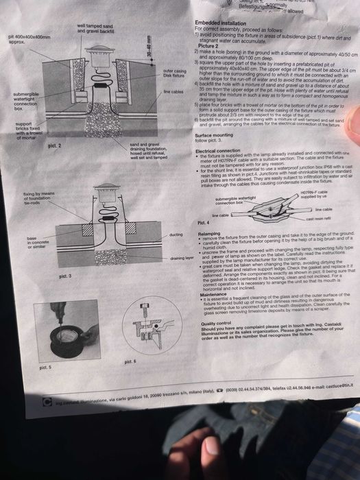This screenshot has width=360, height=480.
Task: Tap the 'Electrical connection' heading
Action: [218, 149]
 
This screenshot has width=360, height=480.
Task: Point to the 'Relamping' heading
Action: [209, 233]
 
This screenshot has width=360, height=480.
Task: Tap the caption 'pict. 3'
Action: [66, 276]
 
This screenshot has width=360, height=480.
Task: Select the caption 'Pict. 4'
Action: [203, 224]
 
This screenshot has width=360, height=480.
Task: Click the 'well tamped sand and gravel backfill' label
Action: [95, 28]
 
